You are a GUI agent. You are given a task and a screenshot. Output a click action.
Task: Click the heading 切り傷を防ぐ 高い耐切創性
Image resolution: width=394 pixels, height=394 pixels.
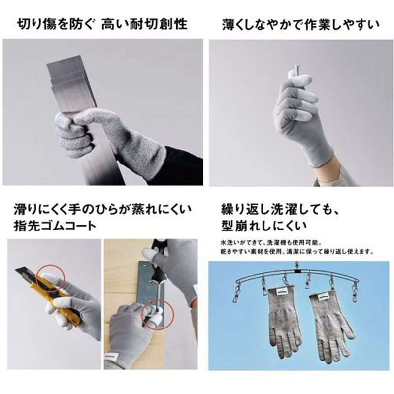(102, 23)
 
